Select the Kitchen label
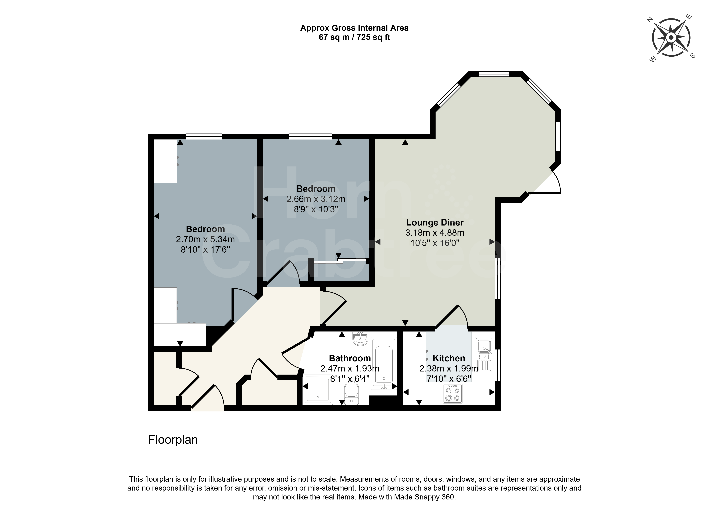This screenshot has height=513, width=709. point(449,358)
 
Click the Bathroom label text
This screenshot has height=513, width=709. point(350,358)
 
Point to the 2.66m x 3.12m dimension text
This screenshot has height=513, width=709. point(316,199)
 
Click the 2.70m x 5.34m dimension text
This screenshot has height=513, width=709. point(205,239)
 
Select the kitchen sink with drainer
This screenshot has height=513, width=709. point(484,355)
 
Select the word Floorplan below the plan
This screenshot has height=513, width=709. point(173,439)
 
